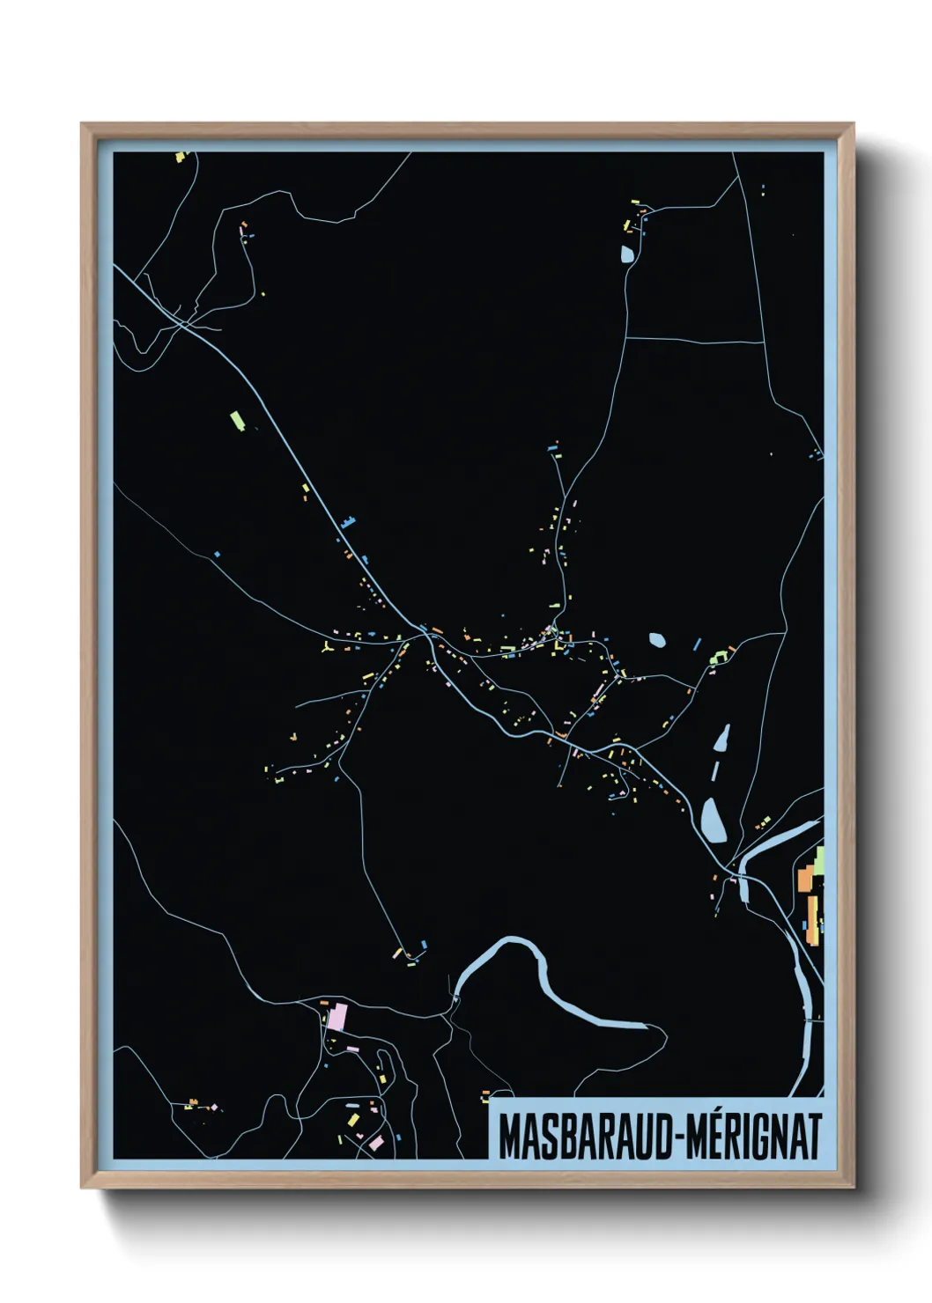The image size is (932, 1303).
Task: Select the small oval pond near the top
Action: click(x=626, y=254)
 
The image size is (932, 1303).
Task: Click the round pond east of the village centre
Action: click(x=657, y=639)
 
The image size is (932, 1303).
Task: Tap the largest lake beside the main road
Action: click(x=714, y=821)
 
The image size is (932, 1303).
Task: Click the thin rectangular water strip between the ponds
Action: click(x=714, y=772)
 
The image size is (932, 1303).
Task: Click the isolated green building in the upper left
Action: click(x=236, y=420)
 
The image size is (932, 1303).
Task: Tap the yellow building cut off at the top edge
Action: click(x=181, y=157)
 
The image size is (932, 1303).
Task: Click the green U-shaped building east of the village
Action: click(x=719, y=657)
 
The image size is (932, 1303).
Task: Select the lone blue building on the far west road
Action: click(x=217, y=554)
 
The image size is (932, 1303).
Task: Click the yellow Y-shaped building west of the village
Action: click(x=327, y=649)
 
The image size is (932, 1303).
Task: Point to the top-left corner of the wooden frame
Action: click(x=83, y=126)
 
